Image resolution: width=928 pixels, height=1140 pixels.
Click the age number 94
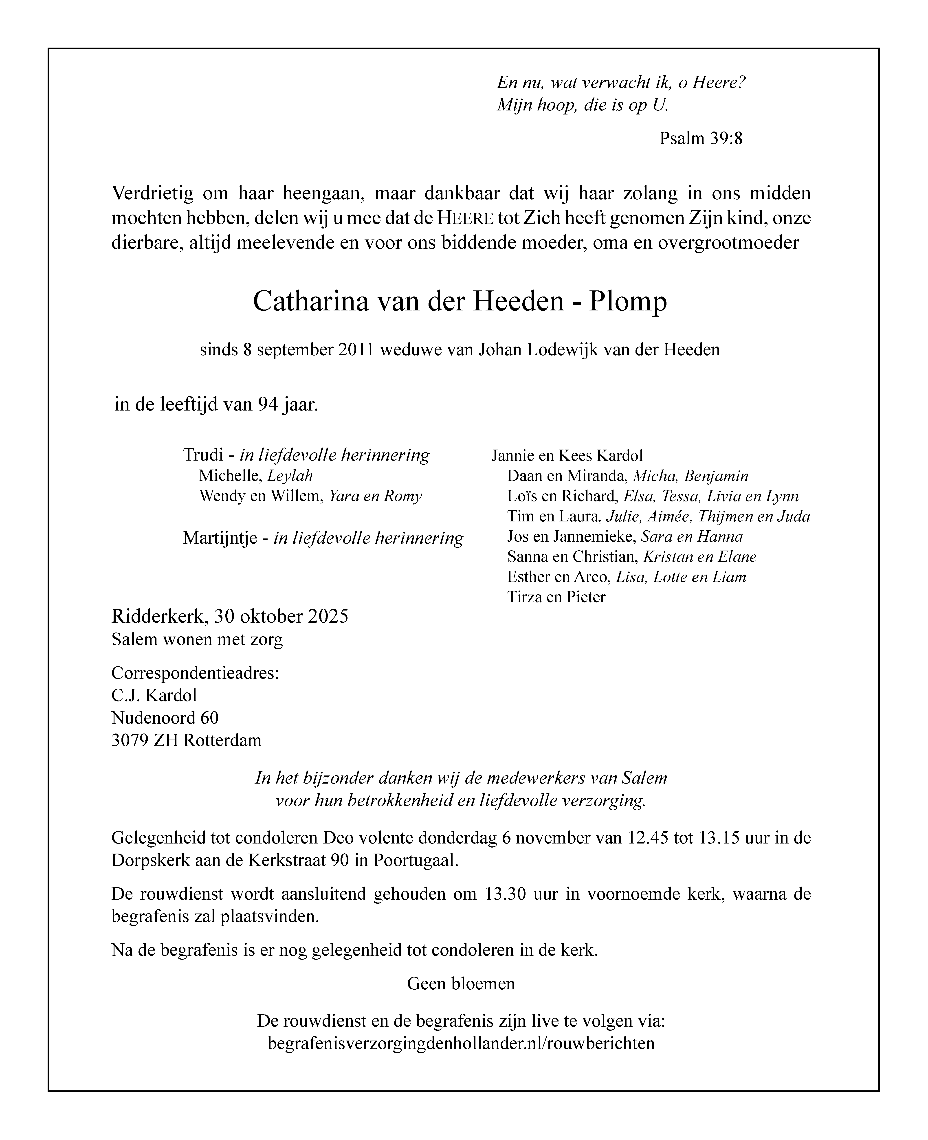267,405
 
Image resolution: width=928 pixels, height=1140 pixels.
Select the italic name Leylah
290,476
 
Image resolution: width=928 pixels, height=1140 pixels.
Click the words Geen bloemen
461,983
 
